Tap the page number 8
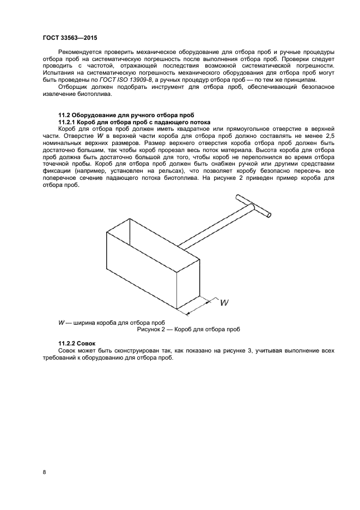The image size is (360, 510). tap(44, 471)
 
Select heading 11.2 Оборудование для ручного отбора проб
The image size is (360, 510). tap(126, 115)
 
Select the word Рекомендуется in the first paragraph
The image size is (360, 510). tap(80, 51)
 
